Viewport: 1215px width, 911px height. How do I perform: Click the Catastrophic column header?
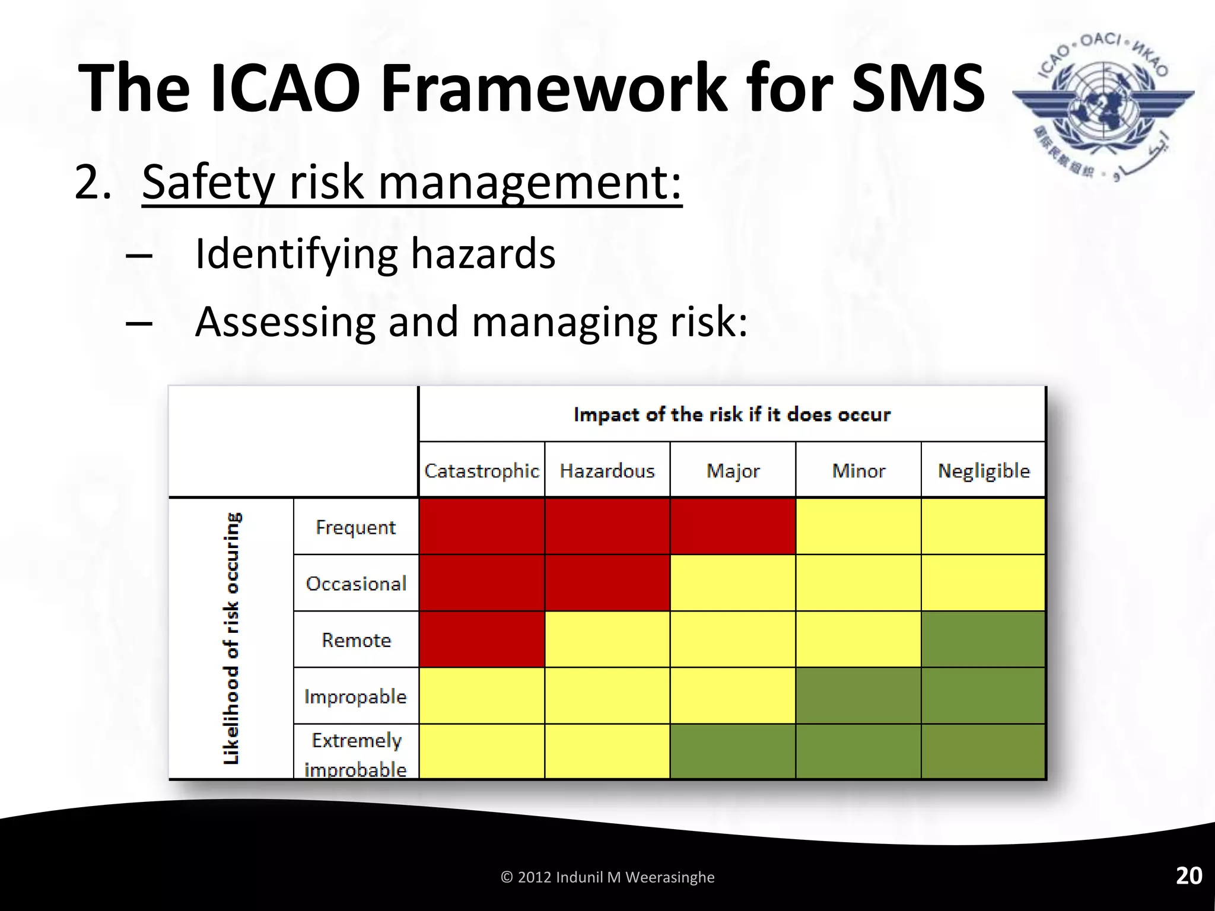pos(481,471)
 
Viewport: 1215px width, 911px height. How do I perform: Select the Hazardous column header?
pos(607,471)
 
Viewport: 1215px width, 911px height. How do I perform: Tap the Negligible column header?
pos(983,471)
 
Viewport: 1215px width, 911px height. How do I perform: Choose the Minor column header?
pos(858,471)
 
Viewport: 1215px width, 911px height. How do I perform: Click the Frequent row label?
pos(355,527)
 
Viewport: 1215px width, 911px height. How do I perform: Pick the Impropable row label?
pos(355,696)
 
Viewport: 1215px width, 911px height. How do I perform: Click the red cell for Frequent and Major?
pos(733,527)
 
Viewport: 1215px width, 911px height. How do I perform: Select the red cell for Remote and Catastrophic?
pos(481,639)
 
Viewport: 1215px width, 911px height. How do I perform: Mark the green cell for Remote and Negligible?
pos(983,639)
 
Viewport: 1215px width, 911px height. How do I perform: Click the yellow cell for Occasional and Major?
pos(733,583)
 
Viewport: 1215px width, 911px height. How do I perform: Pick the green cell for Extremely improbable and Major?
pos(733,751)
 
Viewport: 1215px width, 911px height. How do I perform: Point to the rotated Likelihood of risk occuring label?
pos(232,638)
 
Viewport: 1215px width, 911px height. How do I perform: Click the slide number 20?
pos(1188,876)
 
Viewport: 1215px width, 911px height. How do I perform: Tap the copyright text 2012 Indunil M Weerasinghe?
pos(607,877)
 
